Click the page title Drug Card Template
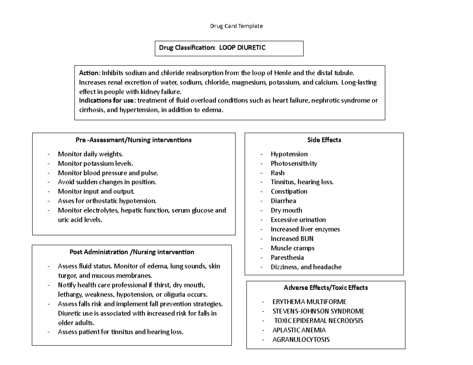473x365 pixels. (x=236, y=26)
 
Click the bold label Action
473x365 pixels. (x=89, y=73)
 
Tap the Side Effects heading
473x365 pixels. (x=324, y=140)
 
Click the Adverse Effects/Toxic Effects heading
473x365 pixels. (x=326, y=288)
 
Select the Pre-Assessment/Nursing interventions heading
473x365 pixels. (x=134, y=140)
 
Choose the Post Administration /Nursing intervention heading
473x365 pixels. (x=132, y=252)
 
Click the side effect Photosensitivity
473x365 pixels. (x=294, y=163)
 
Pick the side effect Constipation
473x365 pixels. (x=289, y=191)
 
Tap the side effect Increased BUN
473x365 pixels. (x=292, y=239)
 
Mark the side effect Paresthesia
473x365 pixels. (x=287, y=258)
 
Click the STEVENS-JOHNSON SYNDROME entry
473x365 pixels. (x=318, y=311)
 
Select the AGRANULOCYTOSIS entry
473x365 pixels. (x=301, y=339)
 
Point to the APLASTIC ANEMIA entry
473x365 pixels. (x=299, y=330)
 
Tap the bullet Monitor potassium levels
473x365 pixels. (x=95, y=163)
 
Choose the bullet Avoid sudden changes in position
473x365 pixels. (x=107, y=182)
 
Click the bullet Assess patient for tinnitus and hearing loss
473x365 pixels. (x=121, y=332)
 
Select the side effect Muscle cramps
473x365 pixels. (x=292, y=248)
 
